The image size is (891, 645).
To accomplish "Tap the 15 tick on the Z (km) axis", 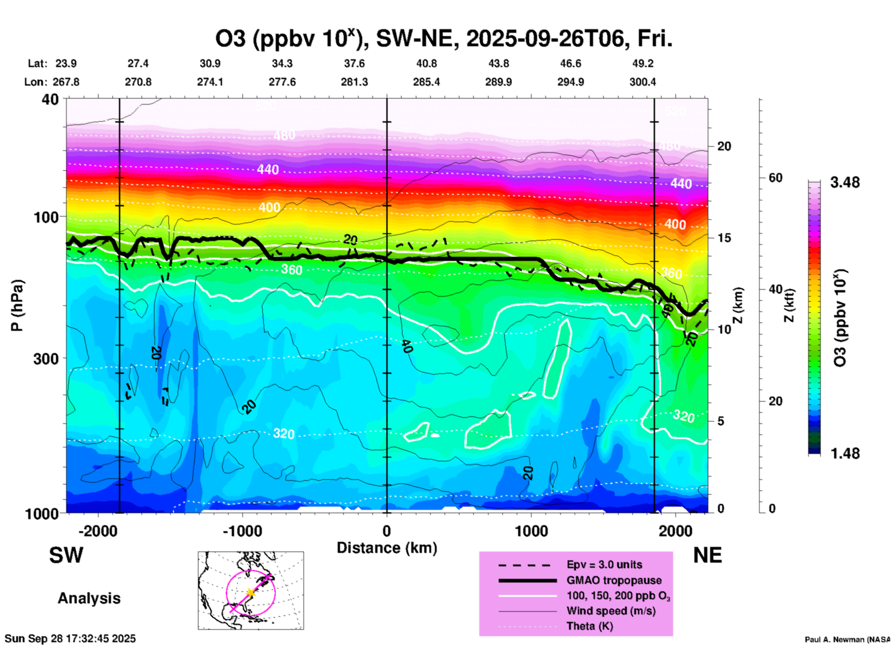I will [x=724, y=238].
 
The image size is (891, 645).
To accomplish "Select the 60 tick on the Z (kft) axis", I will [x=775, y=178].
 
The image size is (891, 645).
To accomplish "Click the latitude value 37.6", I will [x=354, y=63].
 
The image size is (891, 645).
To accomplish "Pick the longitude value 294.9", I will [x=570, y=82].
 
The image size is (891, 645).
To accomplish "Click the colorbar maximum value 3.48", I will [x=845, y=183].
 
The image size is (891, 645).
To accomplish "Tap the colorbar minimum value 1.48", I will [x=845, y=453].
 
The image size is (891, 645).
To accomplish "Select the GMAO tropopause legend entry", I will [x=614, y=580].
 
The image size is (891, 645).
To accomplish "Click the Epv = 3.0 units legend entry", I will [x=604, y=564].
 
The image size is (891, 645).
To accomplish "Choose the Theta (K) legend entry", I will [x=589, y=626].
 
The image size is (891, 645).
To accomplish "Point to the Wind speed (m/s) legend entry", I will [x=611, y=611].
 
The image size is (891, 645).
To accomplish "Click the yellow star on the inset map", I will [x=251, y=592].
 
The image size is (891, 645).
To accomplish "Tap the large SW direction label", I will [x=66, y=555].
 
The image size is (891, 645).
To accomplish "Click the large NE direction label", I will [x=707, y=555].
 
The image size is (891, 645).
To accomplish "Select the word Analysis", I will [x=89, y=598].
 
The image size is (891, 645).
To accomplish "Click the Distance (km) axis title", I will [x=387, y=548].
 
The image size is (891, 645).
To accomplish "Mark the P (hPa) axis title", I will [x=17, y=305].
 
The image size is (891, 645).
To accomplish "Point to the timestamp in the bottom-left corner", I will [x=70, y=639].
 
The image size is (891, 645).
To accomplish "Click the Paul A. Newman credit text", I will [x=847, y=639].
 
